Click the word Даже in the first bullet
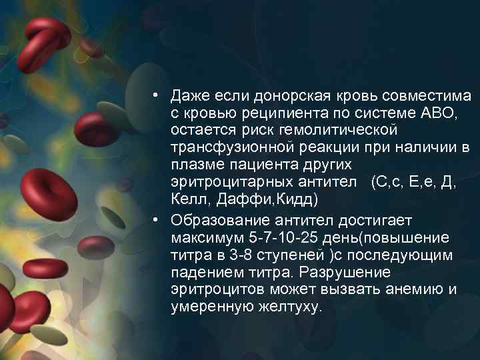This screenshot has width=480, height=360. click(x=187, y=97)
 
